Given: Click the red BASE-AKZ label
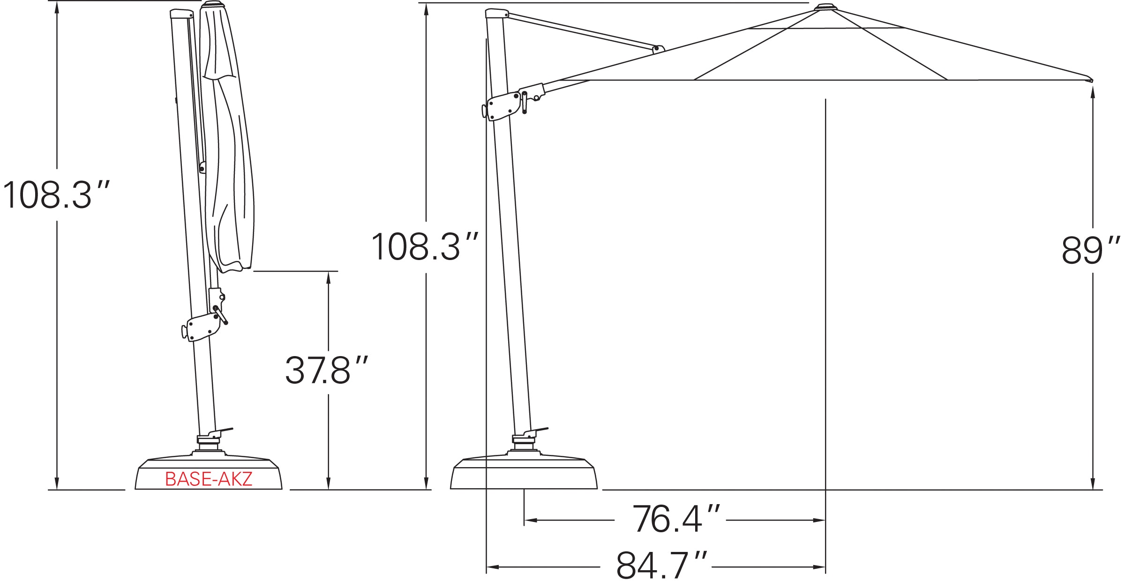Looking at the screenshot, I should click(209, 479).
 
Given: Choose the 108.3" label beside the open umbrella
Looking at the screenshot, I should click(425, 247).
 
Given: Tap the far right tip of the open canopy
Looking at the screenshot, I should click(1090, 78).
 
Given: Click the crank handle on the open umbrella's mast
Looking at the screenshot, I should click(525, 103).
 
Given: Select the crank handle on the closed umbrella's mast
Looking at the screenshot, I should click(221, 315).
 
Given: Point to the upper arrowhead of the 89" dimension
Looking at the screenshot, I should click(1093, 92).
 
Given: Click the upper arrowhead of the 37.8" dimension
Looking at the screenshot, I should click(328, 277).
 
